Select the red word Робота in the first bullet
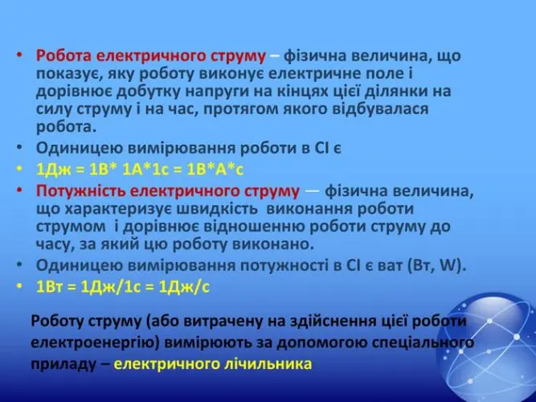[x=63, y=56]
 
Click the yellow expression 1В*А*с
[x=215, y=170]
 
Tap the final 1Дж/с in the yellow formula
[x=184, y=287]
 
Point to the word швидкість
[x=217, y=209]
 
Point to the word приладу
[x=64, y=364]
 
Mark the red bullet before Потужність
[x=19, y=190]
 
